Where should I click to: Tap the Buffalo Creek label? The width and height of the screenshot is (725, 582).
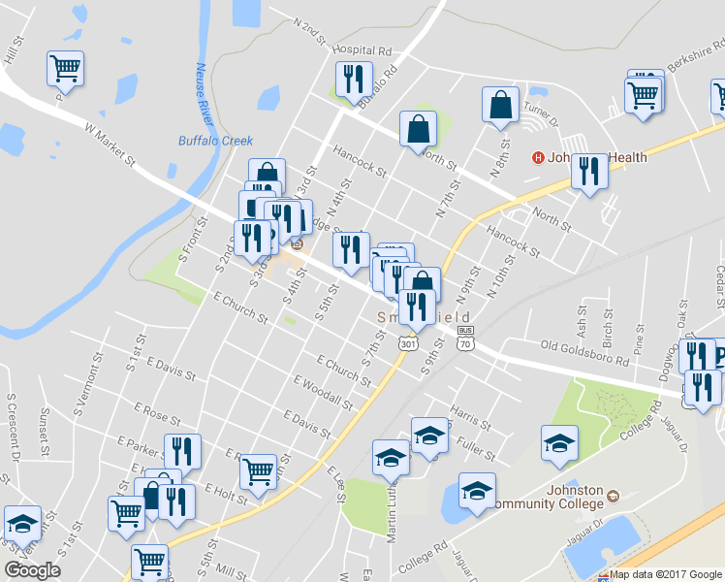(215, 141)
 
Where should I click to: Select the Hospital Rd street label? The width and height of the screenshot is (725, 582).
(361, 49)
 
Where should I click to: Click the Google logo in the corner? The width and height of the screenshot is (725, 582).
(32, 570)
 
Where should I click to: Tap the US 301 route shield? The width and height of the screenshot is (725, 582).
(407, 343)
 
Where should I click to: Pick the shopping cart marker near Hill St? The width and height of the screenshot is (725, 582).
(65, 68)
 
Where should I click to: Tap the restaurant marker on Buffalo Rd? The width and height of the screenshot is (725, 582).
(351, 78)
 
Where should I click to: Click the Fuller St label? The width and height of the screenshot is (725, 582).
(474, 451)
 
